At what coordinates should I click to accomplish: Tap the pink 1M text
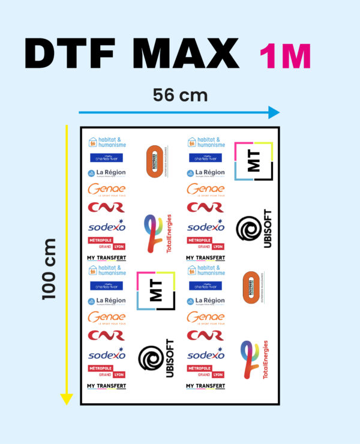(284, 56)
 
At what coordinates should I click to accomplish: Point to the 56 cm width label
(180, 95)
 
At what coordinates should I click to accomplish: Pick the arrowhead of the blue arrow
(274, 112)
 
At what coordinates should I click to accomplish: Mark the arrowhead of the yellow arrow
(67, 398)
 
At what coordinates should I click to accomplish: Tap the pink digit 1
(268, 56)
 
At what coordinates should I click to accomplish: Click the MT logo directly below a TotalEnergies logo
(155, 291)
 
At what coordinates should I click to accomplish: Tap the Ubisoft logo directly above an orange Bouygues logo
(254, 229)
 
